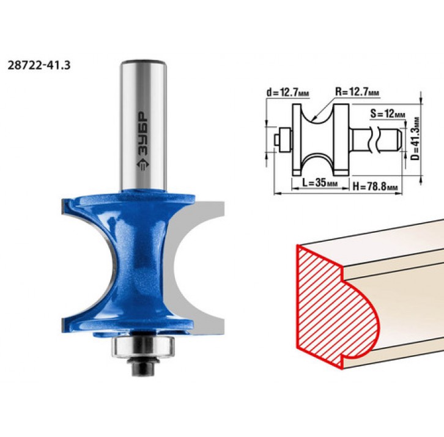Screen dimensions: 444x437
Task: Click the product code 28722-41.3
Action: point(39,65)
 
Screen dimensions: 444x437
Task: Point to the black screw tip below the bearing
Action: point(142,367)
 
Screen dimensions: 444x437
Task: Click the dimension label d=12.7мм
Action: point(287,92)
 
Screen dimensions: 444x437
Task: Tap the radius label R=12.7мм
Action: point(357,92)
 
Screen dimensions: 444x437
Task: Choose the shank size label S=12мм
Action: point(387,114)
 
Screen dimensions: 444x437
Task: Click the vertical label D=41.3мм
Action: point(416,138)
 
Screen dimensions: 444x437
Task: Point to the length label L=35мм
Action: point(320,183)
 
